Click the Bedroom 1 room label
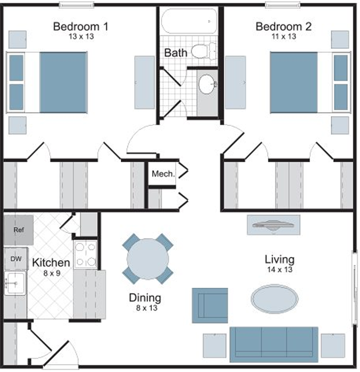click(x=80, y=27)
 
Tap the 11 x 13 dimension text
click(x=284, y=37)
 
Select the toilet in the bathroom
click(x=203, y=51)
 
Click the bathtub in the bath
click(x=189, y=21)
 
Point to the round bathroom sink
click(x=207, y=84)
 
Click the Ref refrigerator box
click(x=19, y=230)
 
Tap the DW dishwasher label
click(x=16, y=259)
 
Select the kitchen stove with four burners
click(x=85, y=254)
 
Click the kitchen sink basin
click(x=15, y=283)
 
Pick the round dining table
click(x=148, y=259)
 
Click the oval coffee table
click(x=275, y=299)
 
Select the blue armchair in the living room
click(x=210, y=306)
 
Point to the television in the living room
click(x=274, y=225)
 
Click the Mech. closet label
click(x=163, y=174)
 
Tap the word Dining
click(x=145, y=298)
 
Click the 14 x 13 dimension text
click(x=280, y=270)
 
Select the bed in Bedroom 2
click(x=310, y=82)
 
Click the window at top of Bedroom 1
click(x=76, y=5)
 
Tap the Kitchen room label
click(x=51, y=263)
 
